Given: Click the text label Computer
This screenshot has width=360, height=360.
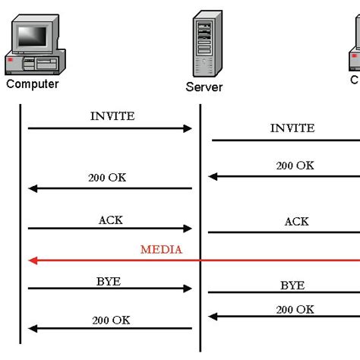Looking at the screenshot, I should tap(33, 84).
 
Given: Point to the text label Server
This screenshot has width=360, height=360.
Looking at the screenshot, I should tap(204, 87).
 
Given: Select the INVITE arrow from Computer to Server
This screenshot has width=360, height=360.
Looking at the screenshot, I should tap(110, 128).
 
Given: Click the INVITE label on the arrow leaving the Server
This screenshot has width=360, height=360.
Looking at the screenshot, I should tap(292, 128).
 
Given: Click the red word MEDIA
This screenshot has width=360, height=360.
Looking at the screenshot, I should tap(161, 249).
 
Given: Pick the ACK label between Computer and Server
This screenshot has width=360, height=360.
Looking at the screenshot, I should tap(110, 220).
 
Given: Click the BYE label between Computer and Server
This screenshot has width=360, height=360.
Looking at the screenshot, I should tap(109, 281).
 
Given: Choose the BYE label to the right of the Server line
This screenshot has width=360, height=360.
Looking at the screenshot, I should tap(292, 286).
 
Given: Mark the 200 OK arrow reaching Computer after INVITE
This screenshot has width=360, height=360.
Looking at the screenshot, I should tap(110, 188).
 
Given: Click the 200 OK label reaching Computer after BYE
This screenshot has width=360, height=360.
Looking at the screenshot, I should tap(111, 320).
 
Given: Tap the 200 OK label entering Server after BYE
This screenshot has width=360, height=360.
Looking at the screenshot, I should tap(295, 308).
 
